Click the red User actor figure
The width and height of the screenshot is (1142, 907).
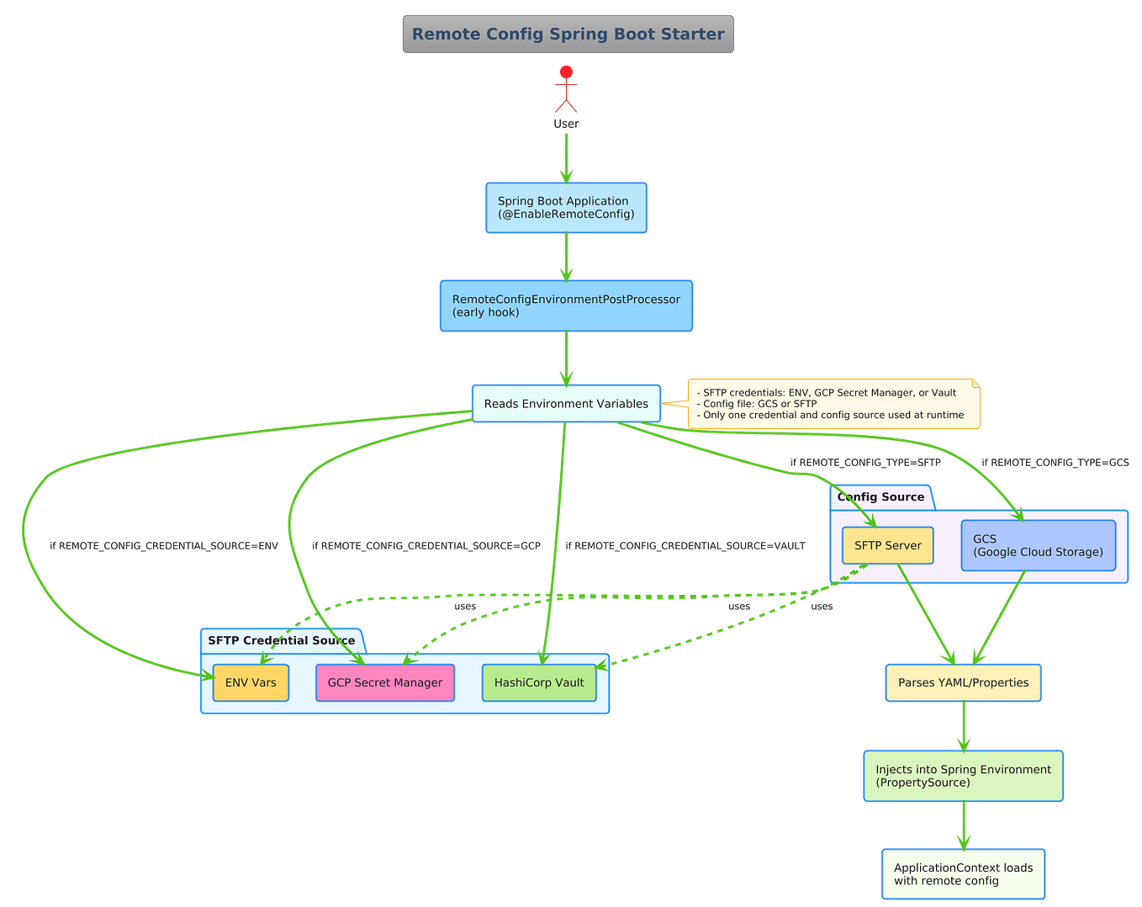coord(566,89)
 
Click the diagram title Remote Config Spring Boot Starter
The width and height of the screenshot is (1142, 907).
coord(568,34)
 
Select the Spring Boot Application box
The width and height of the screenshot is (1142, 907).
coord(566,208)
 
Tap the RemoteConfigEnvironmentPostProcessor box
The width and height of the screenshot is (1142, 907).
coord(566,305)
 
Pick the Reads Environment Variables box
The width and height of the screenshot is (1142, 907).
coord(566,404)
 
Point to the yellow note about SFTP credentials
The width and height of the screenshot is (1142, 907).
coord(833,404)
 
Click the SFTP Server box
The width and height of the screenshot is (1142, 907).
coord(887,545)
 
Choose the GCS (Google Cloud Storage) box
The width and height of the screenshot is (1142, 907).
coord(1038,545)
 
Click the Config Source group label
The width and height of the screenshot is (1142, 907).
coord(880,497)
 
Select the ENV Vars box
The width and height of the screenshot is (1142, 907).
coord(251,682)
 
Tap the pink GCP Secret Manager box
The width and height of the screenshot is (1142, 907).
coord(384,682)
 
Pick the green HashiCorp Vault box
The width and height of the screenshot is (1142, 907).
coord(539,682)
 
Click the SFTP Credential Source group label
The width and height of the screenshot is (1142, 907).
coord(281,640)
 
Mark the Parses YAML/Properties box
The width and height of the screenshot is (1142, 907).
coord(963,682)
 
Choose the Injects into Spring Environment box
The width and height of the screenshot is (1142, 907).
coord(963,776)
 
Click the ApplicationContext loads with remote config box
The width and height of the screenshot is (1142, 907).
coord(963,874)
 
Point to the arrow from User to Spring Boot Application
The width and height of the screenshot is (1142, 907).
coord(566,156)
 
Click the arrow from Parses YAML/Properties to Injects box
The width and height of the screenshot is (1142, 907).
coord(963,726)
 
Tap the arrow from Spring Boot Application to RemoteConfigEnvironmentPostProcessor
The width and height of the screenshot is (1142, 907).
coord(566,256)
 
